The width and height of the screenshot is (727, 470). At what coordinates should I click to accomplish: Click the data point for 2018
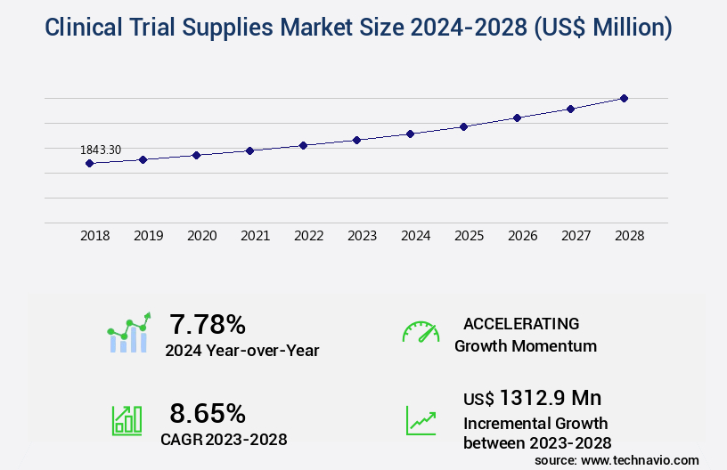tap(89, 164)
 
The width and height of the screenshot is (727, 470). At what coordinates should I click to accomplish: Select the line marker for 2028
tap(624, 98)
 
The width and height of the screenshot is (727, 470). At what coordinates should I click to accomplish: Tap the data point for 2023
tap(356, 140)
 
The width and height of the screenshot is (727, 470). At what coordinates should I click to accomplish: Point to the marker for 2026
tap(517, 117)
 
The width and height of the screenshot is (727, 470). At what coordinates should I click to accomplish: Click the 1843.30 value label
tap(101, 150)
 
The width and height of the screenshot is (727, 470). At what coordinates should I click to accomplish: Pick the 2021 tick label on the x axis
tap(255, 236)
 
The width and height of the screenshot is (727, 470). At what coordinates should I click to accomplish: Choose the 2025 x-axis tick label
tap(469, 236)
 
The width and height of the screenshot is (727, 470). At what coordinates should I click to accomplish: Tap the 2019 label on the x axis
tap(148, 236)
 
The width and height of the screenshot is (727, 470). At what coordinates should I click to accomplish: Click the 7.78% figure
tap(208, 324)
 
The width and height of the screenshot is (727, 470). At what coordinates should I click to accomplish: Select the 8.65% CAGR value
tap(208, 413)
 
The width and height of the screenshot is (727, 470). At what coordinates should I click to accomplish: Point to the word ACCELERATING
tap(521, 323)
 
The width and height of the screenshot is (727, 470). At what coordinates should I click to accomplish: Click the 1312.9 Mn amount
tap(550, 397)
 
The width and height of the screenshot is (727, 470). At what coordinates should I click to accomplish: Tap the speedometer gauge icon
tap(421, 332)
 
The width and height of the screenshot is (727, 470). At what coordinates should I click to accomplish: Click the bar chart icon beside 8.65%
tap(127, 419)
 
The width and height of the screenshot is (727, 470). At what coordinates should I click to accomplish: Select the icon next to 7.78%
tap(129, 333)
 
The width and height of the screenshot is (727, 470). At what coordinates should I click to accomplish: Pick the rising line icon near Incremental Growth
tap(421, 419)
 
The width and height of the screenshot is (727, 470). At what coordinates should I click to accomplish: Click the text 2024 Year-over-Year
tap(241, 350)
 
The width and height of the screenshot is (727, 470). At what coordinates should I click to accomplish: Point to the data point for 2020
tap(196, 155)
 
